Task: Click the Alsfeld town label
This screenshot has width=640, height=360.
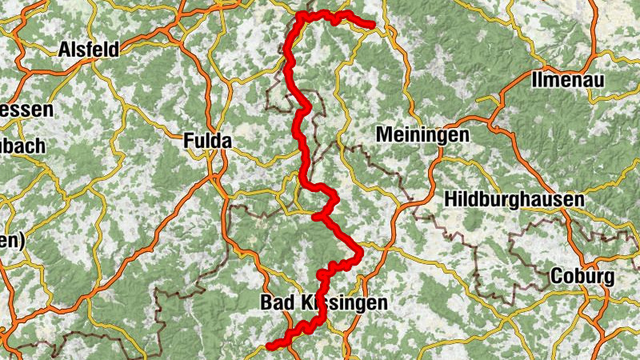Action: [x=88, y=50]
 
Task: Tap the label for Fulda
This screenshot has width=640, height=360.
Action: [x=207, y=142]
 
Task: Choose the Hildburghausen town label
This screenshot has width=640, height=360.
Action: [x=515, y=198]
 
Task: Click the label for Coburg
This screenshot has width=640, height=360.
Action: [x=582, y=277]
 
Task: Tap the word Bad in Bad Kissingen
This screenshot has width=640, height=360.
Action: [x=278, y=303]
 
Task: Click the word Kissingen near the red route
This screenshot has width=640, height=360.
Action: [x=344, y=303]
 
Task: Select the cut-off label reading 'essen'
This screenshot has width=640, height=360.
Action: [x=26, y=110]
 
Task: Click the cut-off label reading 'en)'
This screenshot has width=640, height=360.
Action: [x=12, y=240]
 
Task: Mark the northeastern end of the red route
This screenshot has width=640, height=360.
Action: [x=372, y=25]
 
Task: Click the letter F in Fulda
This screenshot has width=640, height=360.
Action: [x=189, y=142]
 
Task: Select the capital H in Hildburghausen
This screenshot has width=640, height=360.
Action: [x=451, y=198]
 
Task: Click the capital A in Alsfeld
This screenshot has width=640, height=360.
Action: [x=64, y=50]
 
